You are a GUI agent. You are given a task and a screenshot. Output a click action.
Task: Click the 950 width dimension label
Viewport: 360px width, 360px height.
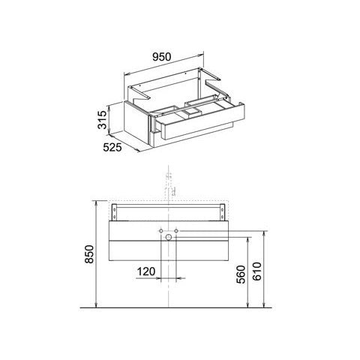[162, 57]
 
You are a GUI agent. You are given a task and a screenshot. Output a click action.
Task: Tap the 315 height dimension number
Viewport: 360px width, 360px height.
[102, 120]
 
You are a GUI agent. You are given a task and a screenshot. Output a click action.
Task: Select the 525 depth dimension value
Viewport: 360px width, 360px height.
[112, 147]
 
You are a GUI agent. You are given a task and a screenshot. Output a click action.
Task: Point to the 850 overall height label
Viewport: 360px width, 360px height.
[89, 254]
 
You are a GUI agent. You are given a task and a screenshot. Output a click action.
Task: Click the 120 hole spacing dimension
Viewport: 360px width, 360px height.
[146, 271]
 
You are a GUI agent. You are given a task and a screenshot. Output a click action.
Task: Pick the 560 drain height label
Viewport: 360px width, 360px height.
[241, 274]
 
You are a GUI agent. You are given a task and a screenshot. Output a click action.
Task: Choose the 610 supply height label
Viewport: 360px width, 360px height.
[257, 271]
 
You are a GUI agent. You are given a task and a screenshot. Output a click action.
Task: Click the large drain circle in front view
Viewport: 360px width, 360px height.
[169, 237]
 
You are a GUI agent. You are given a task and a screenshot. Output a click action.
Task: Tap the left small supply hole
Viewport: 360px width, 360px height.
[161, 230]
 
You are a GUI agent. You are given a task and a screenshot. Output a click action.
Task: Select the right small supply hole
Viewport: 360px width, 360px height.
[176, 230]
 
